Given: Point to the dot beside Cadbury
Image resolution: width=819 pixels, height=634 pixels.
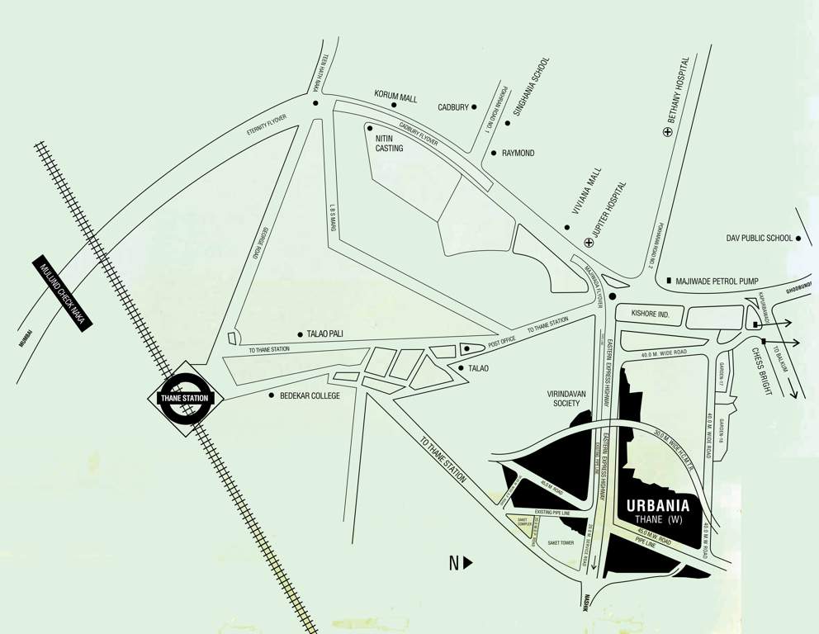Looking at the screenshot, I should [x=474, y=106].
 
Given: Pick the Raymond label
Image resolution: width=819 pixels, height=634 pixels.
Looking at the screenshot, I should [x=518, y=154].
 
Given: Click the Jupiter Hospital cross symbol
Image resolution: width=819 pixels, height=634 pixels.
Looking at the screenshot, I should [x=588, y=242].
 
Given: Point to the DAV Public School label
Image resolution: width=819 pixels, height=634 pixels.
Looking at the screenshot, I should [x=760, y=239].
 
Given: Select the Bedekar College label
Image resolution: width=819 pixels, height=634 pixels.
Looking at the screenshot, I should [x=310, y=396].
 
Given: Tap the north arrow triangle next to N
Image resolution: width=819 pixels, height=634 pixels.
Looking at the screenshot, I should [x=468, y=564].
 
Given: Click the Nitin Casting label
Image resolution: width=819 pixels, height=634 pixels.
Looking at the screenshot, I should [x=389, y=144].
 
